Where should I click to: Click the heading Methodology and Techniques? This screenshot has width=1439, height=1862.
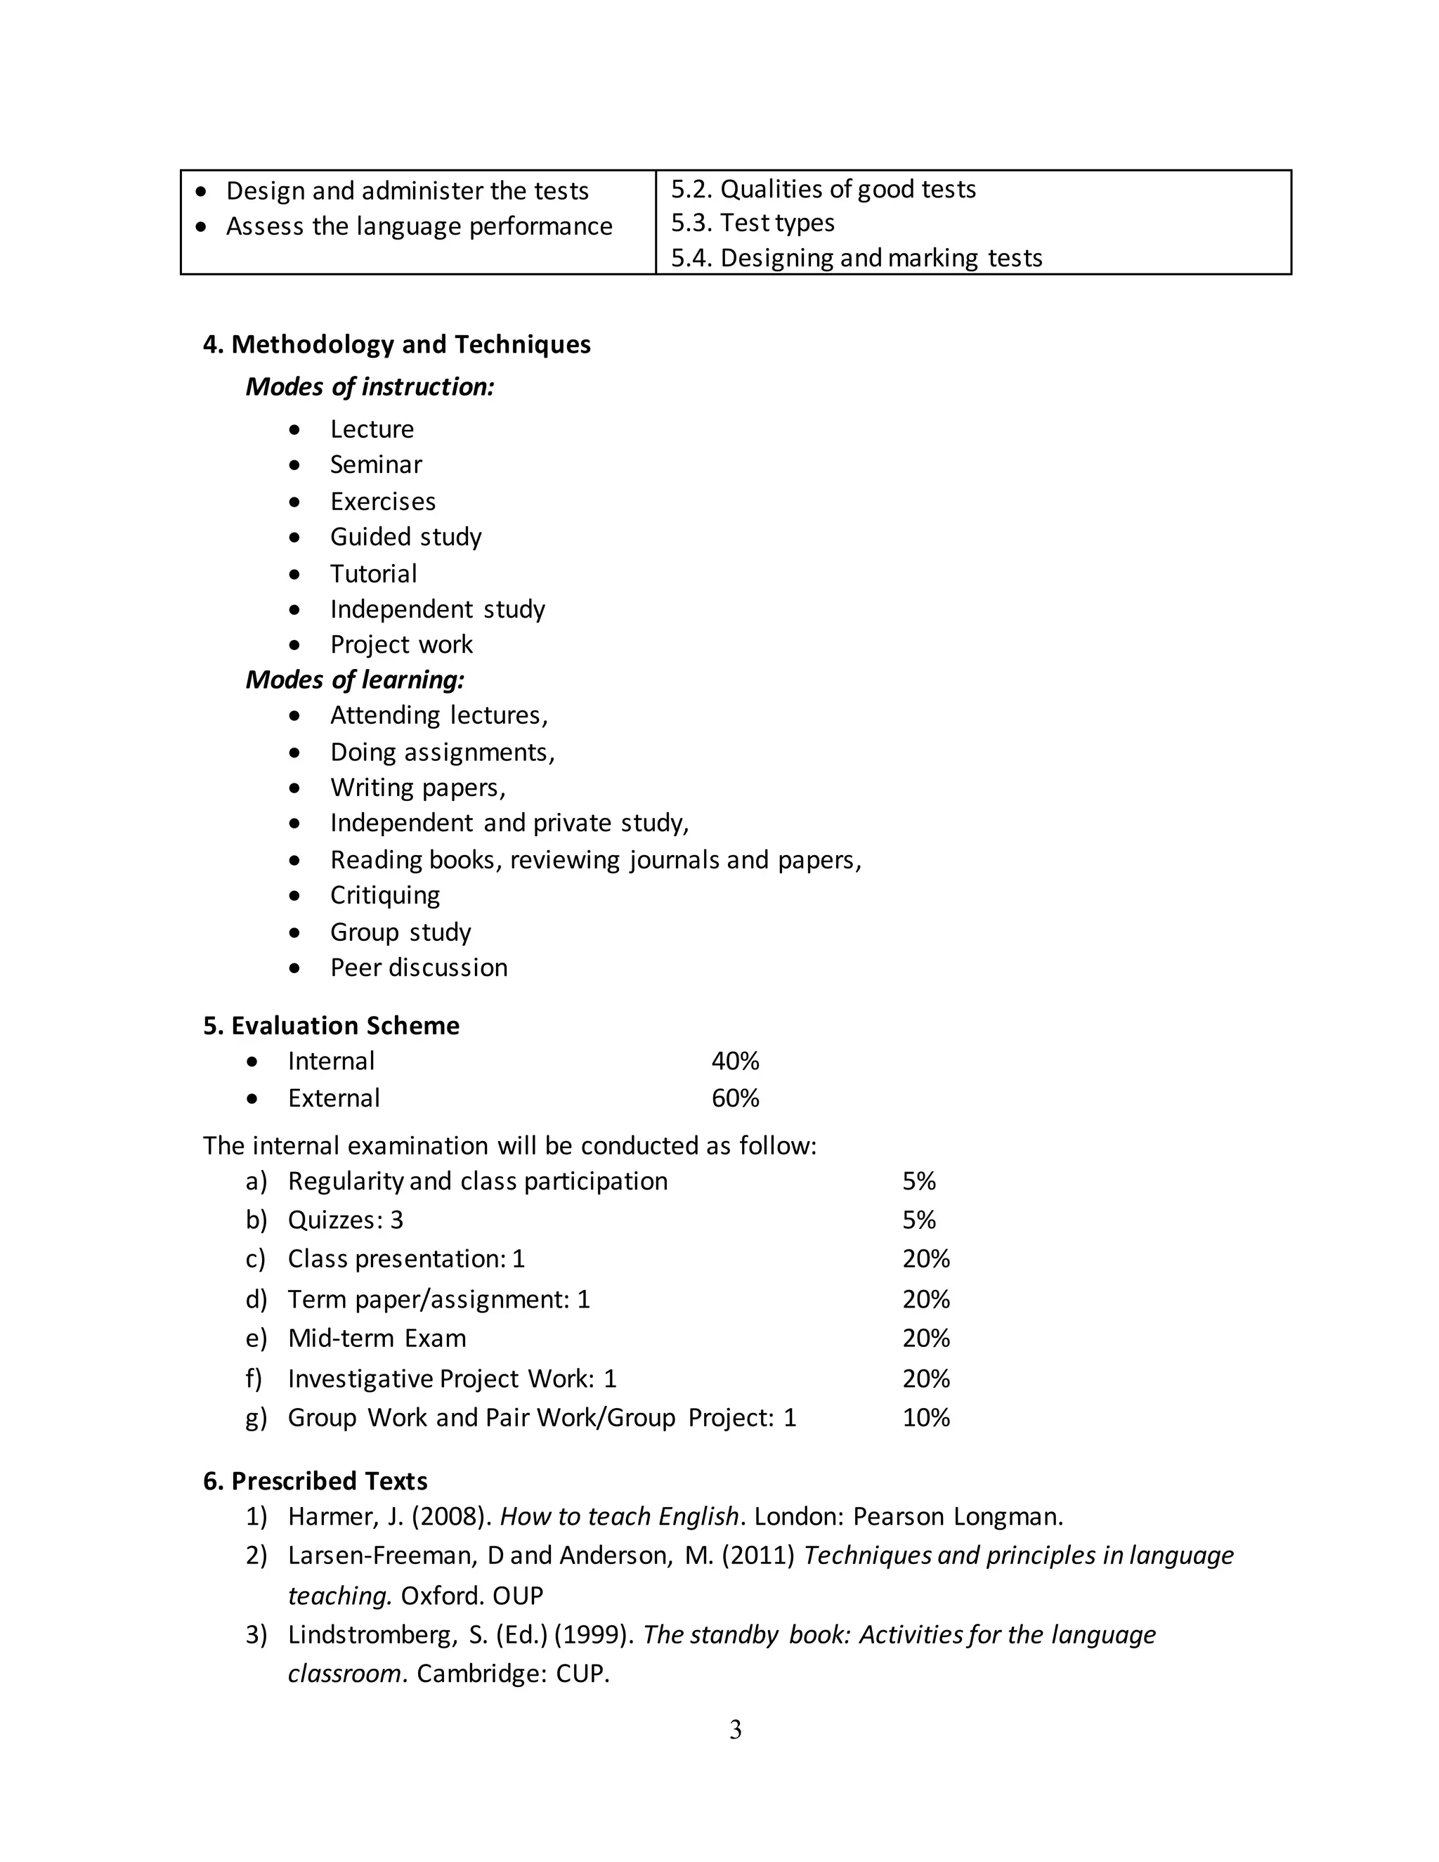click(x=410, y=344)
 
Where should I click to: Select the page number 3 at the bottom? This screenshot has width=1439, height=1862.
click(x=736, y=1730)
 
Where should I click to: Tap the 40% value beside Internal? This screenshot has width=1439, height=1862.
click(x=735, y=1062)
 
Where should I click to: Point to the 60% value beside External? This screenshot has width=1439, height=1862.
click(x=735, y=1098)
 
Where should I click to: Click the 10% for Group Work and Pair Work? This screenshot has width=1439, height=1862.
click(x=926, y=1418)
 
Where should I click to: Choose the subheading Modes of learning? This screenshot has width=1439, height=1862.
click(x=355, y=679)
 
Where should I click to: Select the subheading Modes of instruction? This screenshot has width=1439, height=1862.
click(x=370, y=387)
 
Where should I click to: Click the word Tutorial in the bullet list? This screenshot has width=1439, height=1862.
click(x=373, y=574)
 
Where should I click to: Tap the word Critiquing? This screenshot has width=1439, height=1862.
click(x=385, y=895)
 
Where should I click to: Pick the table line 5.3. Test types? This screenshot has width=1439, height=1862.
click(x=753, y=223)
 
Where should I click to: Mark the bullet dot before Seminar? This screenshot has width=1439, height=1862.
click(x=295, y=465)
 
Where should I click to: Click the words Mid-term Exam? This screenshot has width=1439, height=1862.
click(x=377, y=1339)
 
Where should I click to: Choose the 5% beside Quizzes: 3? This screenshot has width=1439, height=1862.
click(x=919, y=1220)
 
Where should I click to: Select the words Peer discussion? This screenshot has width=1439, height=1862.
click(x=419, y=968)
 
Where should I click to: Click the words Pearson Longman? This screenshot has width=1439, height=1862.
click(x=958, y=1517)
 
